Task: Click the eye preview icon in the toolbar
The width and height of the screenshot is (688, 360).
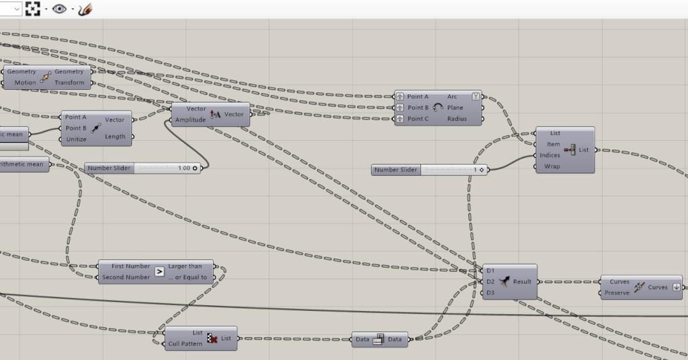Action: (60, 9)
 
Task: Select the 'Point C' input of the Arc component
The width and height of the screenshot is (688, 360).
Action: (418, 119)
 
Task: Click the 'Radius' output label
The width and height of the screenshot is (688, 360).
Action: (457, 119)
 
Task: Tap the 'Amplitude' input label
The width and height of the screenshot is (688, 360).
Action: (191, 120)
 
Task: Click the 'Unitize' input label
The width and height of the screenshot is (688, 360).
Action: (76, 139)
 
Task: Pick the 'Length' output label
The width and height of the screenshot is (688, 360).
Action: (115, 136)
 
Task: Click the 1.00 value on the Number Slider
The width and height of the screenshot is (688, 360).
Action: (184, 168)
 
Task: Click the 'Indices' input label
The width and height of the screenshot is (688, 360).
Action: (550, 155)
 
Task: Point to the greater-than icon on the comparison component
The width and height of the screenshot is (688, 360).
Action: (159, 272)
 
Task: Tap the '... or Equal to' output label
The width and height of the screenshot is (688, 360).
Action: (191, 277)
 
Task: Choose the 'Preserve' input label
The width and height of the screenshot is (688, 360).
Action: (617, 293)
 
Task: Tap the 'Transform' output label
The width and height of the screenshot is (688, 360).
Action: (69, 83)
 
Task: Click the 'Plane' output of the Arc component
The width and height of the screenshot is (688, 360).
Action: (455, 108)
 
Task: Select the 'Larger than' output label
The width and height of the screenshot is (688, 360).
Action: (184, 266)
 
